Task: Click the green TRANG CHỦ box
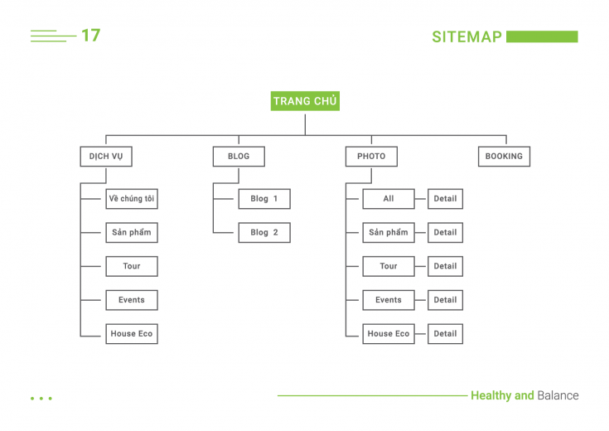[x=305, y=101]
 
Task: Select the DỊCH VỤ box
[x=106, y=156]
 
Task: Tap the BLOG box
[x=239, y=156]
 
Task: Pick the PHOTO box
[x=371, y=156]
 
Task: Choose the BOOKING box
[x=504, y=156]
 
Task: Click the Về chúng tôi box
[x=132, y=199]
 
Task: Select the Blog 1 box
[x=264, y=199]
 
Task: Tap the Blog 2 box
[x=264, y=232]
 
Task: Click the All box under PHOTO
[x=389, y=199]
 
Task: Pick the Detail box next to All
[x=445, y=199]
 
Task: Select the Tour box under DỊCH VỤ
[x=132, y=266]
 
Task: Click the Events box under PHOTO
[x=389, y=300]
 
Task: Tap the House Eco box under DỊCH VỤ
[x=132, y=334]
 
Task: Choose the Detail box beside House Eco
[x=445, y=334]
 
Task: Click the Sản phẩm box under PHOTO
[x=389, y=232]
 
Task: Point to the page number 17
[x=91, y=36]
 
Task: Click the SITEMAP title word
[x=466, y=37]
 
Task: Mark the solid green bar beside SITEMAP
[x=542, y=36]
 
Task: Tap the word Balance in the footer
[x=558, y=395]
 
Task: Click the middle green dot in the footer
[x=41, y=399]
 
